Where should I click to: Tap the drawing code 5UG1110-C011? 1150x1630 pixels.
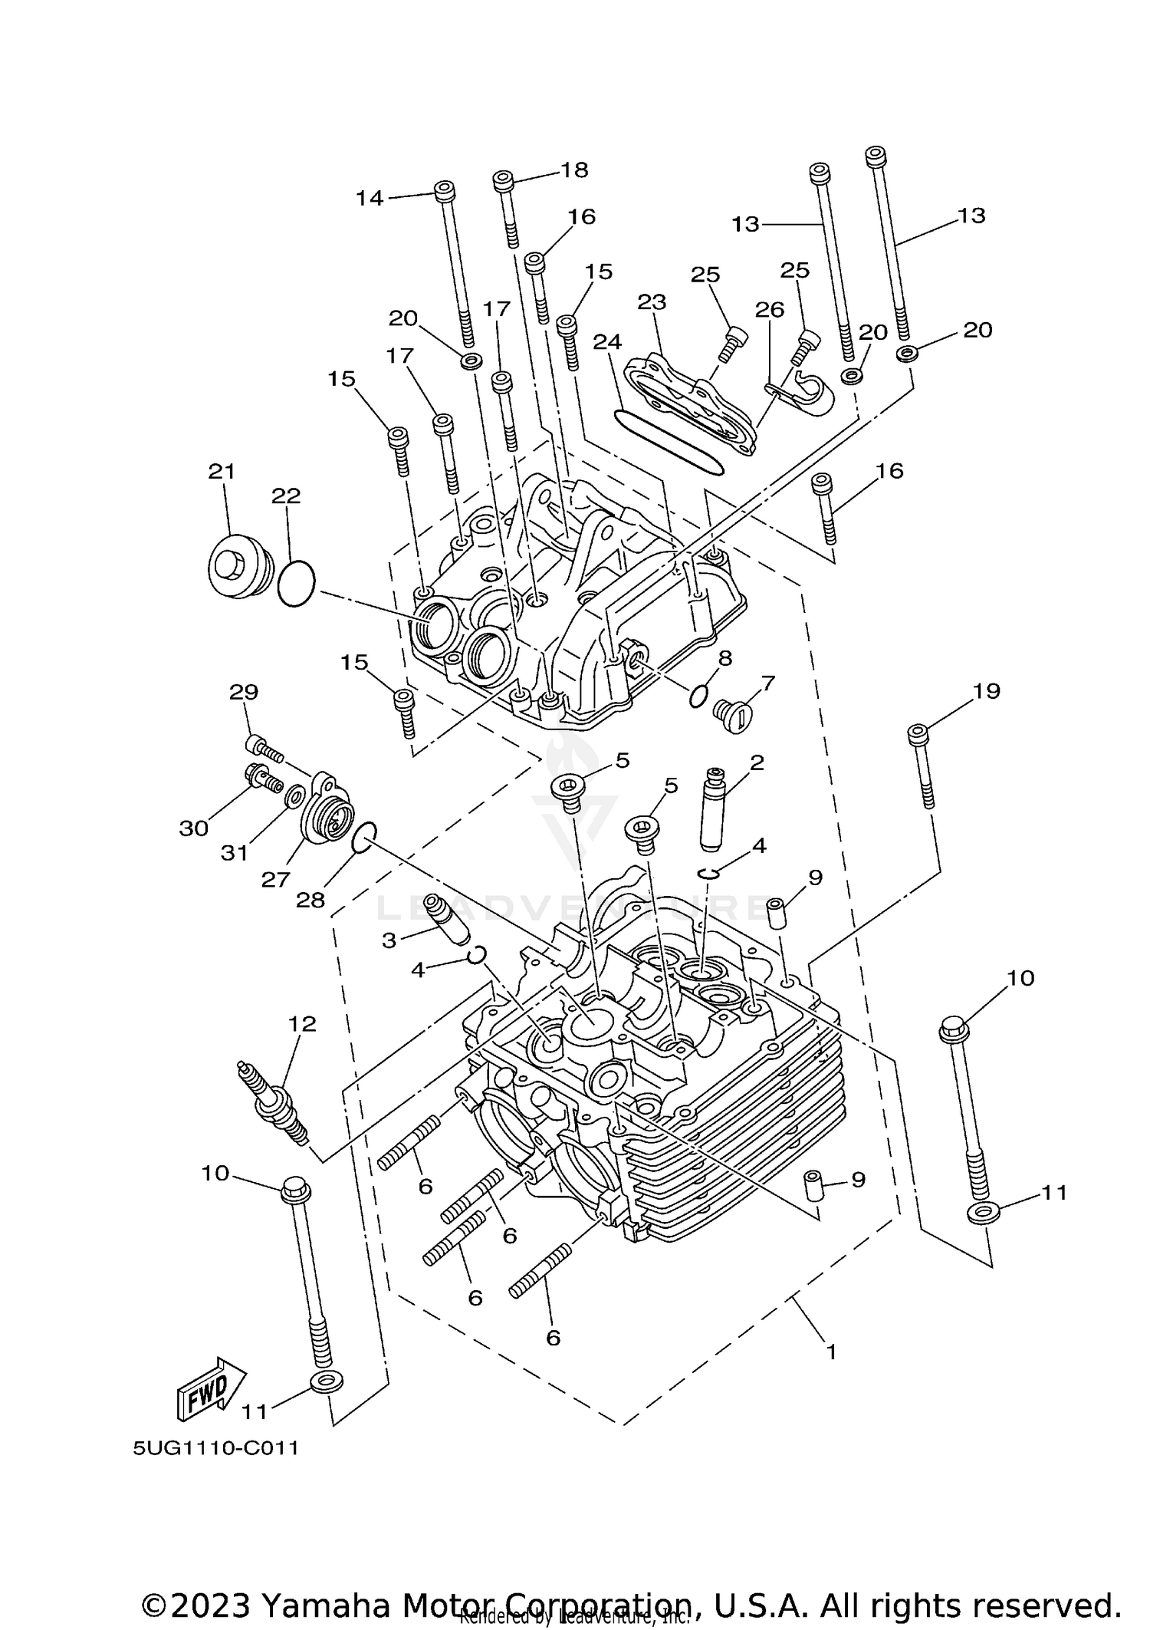215,1449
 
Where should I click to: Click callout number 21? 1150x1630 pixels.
222,471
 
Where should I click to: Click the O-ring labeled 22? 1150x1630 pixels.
296,584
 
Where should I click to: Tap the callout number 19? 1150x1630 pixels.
987,691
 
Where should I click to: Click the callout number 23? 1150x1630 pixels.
652,302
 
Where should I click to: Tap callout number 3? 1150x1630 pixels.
389,940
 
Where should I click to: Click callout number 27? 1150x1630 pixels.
275,879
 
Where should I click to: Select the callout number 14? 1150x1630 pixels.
369,199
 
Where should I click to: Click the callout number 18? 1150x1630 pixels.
573,170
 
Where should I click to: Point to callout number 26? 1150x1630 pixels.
769,310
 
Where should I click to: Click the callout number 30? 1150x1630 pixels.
194,828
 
